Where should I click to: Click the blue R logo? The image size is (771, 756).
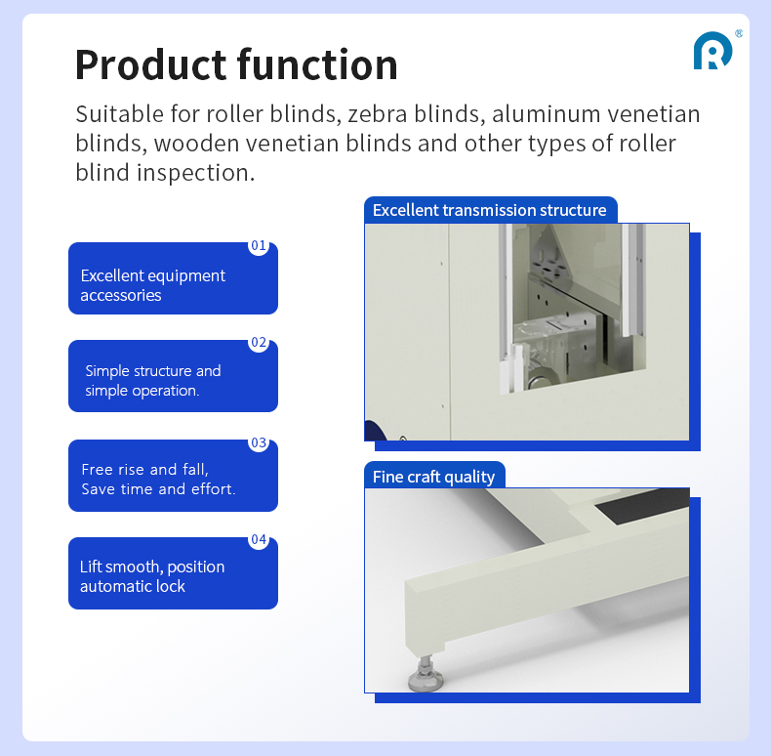pyautogui.click(x=712, y=51)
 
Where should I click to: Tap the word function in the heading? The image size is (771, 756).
pyautogui.click(x=317, y=64)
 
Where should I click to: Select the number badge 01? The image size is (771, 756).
pyautogui.click(x=259, y=245)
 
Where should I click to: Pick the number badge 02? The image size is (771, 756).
pyautogui.click(x=259, y=343)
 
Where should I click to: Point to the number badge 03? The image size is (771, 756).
pyautogui.click(x=259, y=443)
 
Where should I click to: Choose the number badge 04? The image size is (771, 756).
pyautogui.click(x=259, y=539)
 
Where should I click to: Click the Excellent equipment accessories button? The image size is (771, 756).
pyautogui.click(x=173, y=278)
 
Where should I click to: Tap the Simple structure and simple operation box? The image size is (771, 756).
pyautogui.click(x=173, y=376)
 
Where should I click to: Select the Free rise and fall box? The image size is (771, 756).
pyautogui.click(x=173, y=476)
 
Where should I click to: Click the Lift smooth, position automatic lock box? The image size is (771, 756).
pyautogui.click(x=173, y=573)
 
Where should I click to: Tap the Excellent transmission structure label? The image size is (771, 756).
pyautogui.click(x=490, y=210)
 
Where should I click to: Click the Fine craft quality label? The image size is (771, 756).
pyautogui.click(x=434, y=477)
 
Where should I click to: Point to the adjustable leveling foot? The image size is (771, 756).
pyautogui.click(x=426, y=673)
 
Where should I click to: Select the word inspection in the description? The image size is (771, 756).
pyautogui.click(x=196, y=173)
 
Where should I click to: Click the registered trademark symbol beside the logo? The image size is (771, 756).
pyautogui.click(x=739, y=33)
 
